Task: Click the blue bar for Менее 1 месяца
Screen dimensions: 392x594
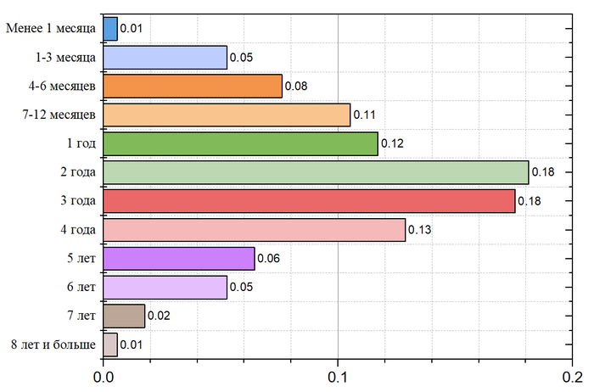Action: coord(110,29)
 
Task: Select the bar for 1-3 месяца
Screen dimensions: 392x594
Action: coord(165,58)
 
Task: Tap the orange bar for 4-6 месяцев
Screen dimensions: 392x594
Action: coord(193,87)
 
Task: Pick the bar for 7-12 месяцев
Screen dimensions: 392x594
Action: coord(227,115)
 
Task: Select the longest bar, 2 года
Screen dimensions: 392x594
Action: coord(316,172)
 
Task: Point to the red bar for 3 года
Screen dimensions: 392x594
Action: coord(309,201)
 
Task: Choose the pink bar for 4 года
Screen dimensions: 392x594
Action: coord(254,230)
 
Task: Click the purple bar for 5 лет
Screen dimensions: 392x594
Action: coord(179,259)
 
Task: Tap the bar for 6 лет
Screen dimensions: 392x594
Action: coord(165,288)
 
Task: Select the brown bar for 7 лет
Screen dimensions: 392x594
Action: coord(124,316)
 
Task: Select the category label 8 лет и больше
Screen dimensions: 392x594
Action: coord(53,345)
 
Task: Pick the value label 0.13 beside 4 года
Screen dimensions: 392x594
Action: coord(419,230)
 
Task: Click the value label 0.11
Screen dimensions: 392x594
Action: coord(364,115)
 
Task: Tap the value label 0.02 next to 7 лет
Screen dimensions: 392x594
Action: coord(158,316)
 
